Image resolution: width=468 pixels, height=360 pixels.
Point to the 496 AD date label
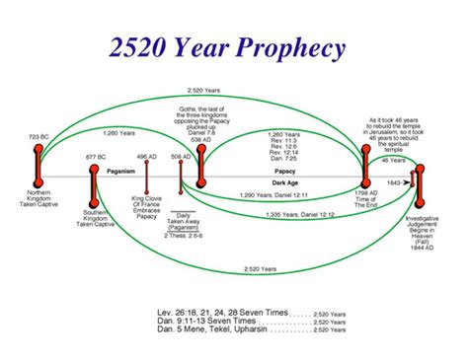click(x=147, y=156)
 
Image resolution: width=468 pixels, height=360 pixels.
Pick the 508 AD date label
click(x=182, y=156)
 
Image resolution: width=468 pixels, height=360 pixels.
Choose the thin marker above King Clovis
click(x=147, y=186)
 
